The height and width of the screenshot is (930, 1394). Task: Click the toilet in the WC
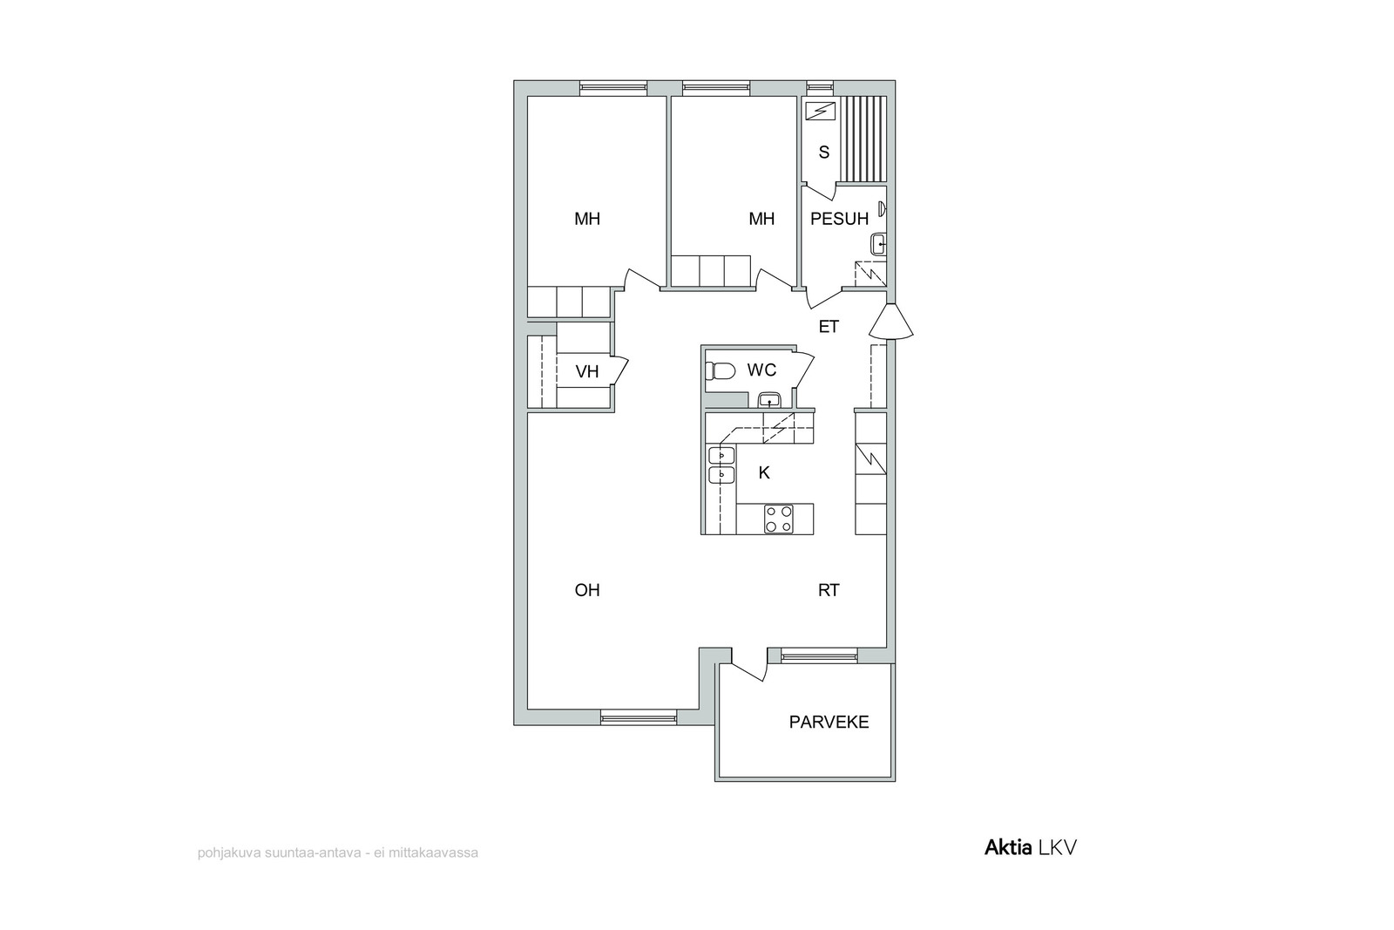point(720,370)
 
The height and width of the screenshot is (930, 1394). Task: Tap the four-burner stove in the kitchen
point(779,519)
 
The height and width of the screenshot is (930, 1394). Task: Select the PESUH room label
point(840,219)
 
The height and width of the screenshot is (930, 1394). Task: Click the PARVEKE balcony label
point(829,722)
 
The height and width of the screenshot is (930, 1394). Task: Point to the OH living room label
point(587,590)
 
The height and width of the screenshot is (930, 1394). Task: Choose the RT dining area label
point(829,590)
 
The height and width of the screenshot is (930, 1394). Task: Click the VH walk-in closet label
point(587,371)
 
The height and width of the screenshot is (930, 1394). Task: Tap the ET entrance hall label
point(829,326)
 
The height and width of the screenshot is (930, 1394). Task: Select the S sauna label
point(824,152)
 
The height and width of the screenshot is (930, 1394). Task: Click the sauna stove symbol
point(820,112)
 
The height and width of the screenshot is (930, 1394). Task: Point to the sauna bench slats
point(862,139)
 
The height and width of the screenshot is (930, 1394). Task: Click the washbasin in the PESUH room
point(879,244)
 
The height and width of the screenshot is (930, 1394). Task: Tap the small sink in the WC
point(770,400)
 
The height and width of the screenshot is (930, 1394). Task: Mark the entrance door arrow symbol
point(891,322)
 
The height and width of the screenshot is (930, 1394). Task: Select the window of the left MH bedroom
point(613,88)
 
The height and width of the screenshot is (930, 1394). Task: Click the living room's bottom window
point(639,717)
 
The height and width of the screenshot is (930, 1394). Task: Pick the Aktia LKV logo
point(1030,848)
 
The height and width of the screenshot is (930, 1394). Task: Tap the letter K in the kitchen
point(764,473)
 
